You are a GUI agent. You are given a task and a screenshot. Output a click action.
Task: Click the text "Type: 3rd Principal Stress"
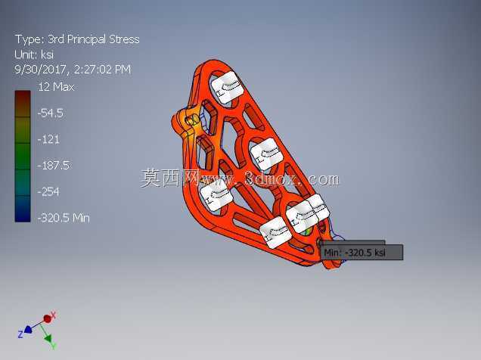(x=77, y=39)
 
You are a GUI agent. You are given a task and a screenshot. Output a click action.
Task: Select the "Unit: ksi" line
(x=34, y=54)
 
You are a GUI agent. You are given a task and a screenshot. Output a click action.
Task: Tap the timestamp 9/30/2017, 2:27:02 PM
(x=73, y=70)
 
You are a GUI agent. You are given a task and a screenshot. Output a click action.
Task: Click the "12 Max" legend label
(x=56, y=87)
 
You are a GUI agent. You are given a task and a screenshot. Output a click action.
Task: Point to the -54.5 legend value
(x=51, y=113)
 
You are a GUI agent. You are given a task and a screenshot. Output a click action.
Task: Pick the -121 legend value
(x=48, y=139)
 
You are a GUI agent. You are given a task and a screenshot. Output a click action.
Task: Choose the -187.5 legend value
(x=54, y=166)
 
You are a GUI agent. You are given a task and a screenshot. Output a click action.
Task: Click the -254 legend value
(x=48, y=192)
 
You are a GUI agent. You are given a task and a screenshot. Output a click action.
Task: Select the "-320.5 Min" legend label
(x=64, y=218)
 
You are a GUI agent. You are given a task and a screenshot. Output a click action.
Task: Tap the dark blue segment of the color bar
(x=23, y=209)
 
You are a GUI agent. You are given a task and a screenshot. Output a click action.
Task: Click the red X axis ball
(x=47, y=319)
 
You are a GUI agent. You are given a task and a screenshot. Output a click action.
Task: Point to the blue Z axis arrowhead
(x=28, y=330)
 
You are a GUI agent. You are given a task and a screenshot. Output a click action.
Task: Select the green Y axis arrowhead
(x=48, y=339)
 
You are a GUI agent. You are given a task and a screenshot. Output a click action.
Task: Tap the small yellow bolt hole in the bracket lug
(x=193, y=120)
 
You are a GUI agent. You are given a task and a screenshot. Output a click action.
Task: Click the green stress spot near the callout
(x=307, y=231)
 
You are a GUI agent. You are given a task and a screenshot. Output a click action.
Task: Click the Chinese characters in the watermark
(x=169, y=178)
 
